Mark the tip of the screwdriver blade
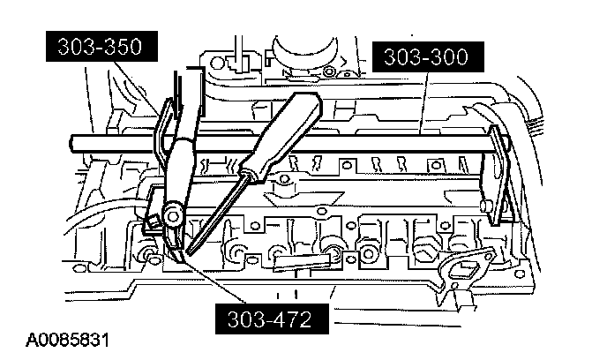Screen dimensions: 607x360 182,257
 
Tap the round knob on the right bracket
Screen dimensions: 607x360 487,206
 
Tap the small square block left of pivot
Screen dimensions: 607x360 151,219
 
